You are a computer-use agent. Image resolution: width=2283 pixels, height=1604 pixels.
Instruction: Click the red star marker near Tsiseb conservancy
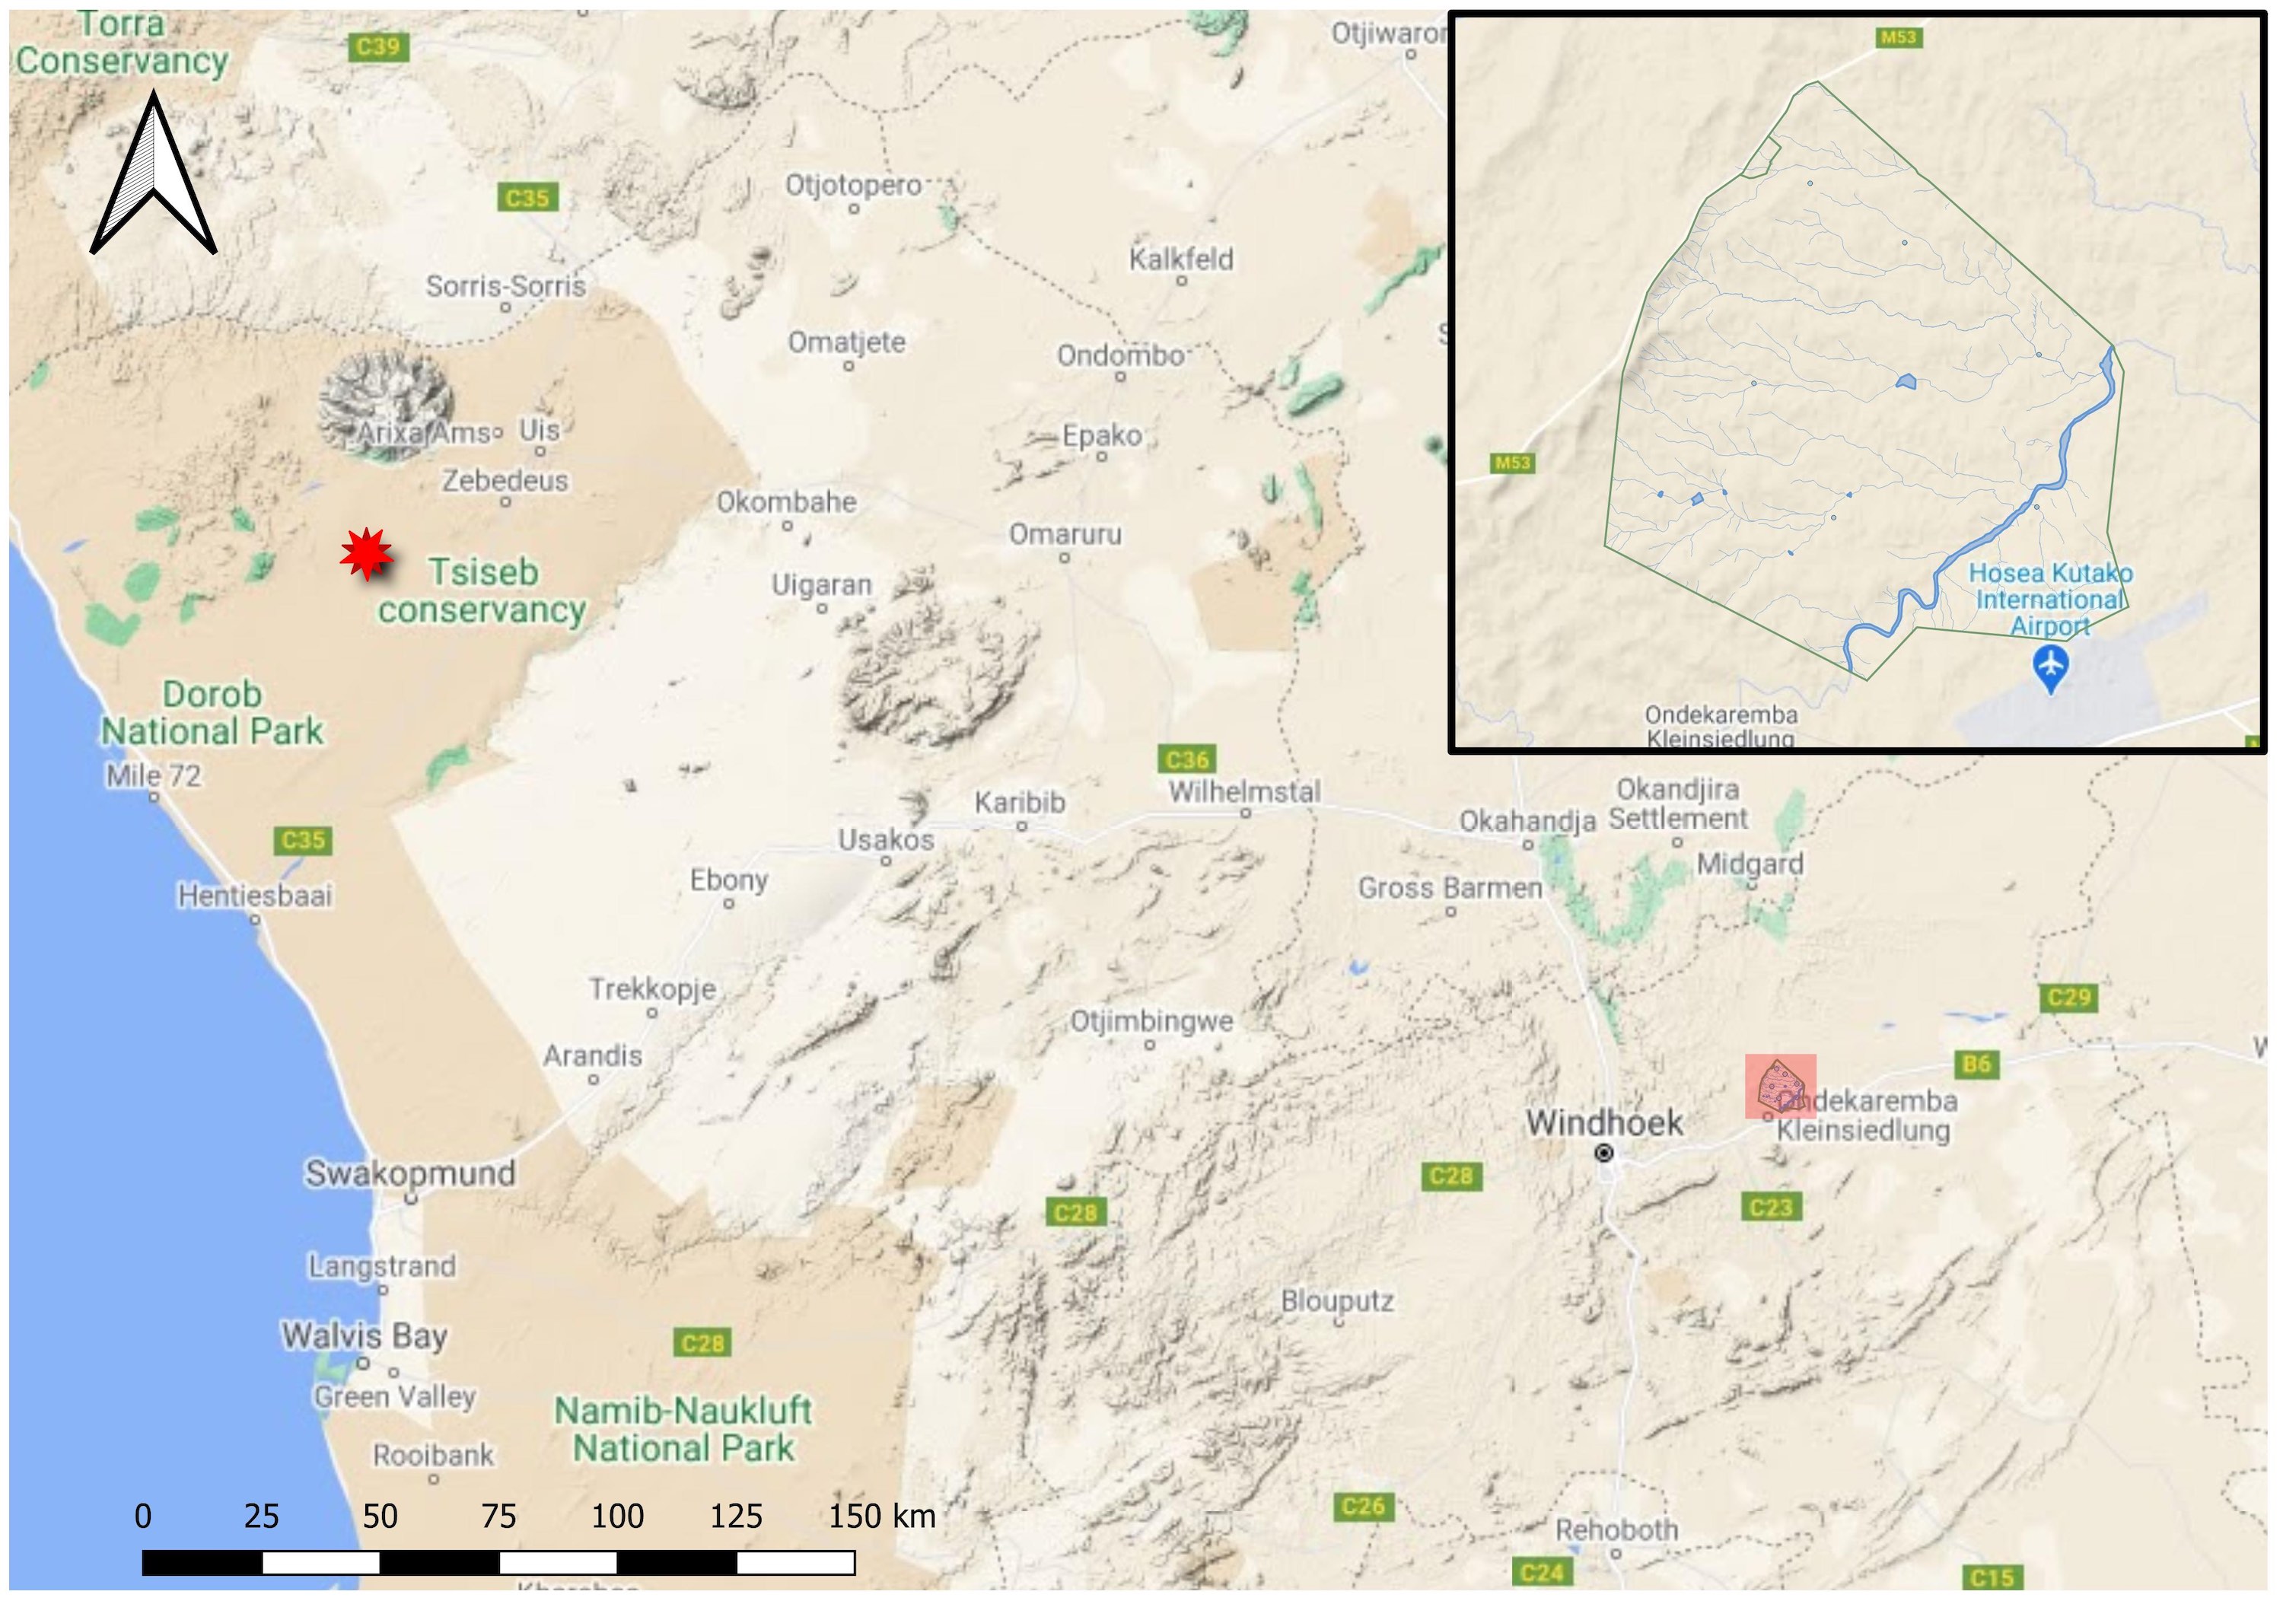tap(366, 554)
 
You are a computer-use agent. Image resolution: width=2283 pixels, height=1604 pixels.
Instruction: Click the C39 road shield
tap(378, 46)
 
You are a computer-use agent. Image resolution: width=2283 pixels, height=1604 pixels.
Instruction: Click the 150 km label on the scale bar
tap(882, 1516)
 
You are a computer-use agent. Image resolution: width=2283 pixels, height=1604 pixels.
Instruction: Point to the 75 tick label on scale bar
tap(498, 1516)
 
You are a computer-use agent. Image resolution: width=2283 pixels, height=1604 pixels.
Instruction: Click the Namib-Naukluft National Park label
tap(683, 1429)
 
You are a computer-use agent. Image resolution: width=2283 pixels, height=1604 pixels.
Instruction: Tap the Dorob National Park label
tap(212, 713)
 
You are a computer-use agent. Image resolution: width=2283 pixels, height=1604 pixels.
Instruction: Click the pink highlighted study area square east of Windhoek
tap(1781, 1086)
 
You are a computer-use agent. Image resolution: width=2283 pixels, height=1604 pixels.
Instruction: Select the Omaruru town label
tap(1065, 535)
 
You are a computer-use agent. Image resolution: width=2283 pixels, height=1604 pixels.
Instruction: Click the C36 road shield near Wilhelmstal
tap(1187, 759)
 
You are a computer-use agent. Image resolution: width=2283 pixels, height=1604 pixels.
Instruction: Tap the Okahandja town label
tap(1527, 821)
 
